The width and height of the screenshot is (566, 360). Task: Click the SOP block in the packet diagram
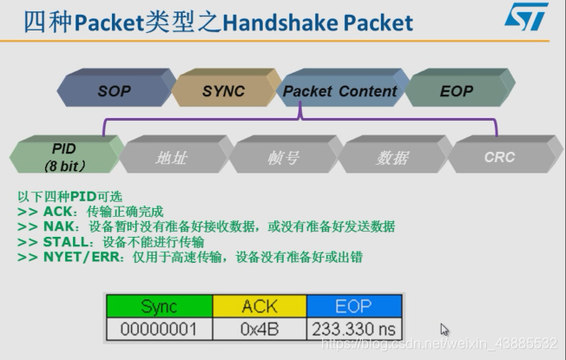(114, 91)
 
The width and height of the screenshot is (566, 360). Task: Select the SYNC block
(223, 91)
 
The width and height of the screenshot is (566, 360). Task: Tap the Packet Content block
(339, 91)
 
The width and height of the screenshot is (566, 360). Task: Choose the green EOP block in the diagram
(457, 91)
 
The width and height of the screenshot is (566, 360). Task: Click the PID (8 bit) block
(63, 156)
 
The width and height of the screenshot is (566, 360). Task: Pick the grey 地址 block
(171, 157)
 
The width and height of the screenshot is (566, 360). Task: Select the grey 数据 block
(392, 157)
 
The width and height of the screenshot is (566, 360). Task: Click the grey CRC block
(499, 157)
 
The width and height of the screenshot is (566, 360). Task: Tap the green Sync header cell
(159, 306)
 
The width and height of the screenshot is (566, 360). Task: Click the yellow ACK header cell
(259, 306)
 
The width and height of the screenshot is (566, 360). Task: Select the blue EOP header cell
(354, 306)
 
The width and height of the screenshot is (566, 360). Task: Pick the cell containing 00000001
(159, 329)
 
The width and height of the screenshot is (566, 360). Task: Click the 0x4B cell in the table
(259, 329)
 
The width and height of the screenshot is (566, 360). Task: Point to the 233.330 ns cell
(354, 329)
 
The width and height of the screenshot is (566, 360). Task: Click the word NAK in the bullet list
(54, 226)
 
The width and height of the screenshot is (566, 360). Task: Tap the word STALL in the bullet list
(61, 241)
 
